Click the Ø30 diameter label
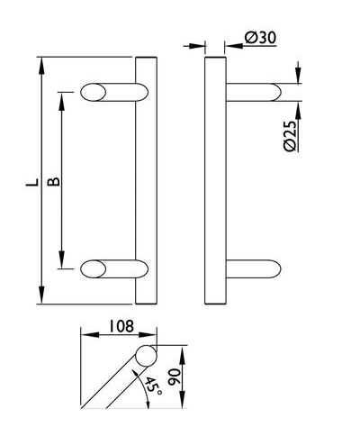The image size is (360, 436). click(260, 38)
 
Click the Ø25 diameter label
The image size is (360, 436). click(290, 136)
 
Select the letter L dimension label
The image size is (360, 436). click(32, 182)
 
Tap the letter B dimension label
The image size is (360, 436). click(54, 182)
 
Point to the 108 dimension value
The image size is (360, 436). click(121, 326)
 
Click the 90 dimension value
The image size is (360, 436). click(175, 377)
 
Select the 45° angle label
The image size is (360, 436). click(153, 386)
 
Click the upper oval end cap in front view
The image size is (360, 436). click(93, 92)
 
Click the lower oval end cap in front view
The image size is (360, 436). click(93, 268)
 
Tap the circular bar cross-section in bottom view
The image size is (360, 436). click(146, 356)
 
